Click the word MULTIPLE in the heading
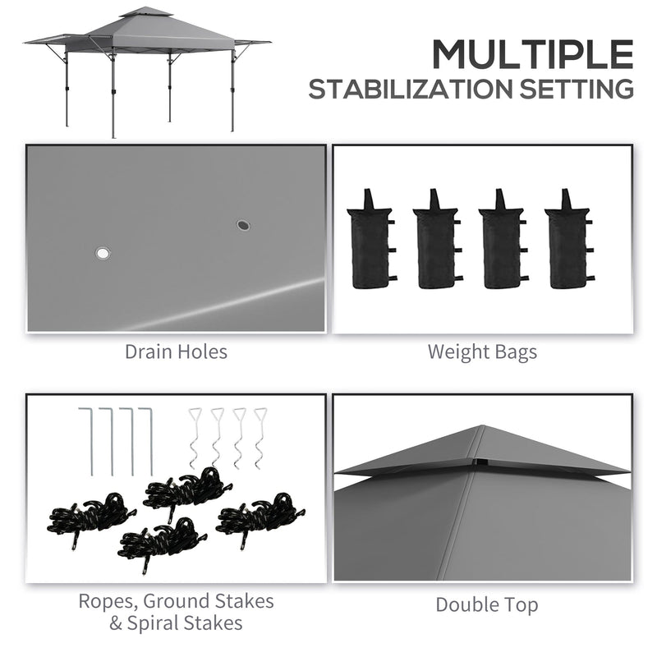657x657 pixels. pos(533,54)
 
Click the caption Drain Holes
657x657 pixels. pos(176,352)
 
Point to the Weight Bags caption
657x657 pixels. pos(482,352)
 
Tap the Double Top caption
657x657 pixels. pos(487,605)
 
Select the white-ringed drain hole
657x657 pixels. pos(103,254)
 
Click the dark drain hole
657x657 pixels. pos(243,224)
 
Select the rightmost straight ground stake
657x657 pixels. pos(149,439)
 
